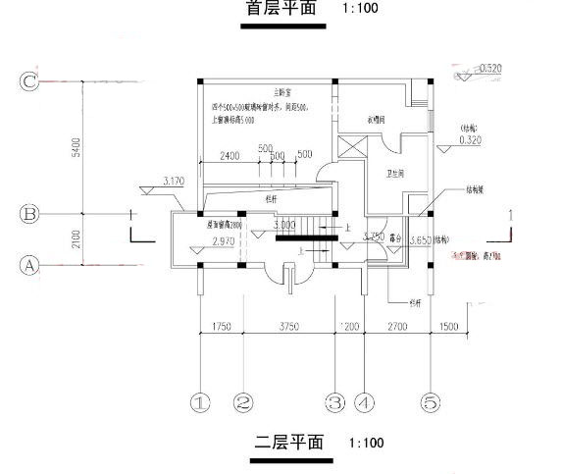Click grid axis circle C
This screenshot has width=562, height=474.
pos(28,81)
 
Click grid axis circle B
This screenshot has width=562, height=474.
pos(28,212)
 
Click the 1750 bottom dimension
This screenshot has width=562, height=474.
pos(222,327)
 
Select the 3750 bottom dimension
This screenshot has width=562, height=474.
pos(286,327)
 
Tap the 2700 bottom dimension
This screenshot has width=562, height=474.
pos(396,327)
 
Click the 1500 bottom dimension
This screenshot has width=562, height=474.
pos(448,327)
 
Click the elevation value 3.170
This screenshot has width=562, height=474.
pos(174,181)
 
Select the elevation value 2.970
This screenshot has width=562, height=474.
pos(223,238)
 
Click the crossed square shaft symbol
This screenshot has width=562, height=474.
pos(350,146)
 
